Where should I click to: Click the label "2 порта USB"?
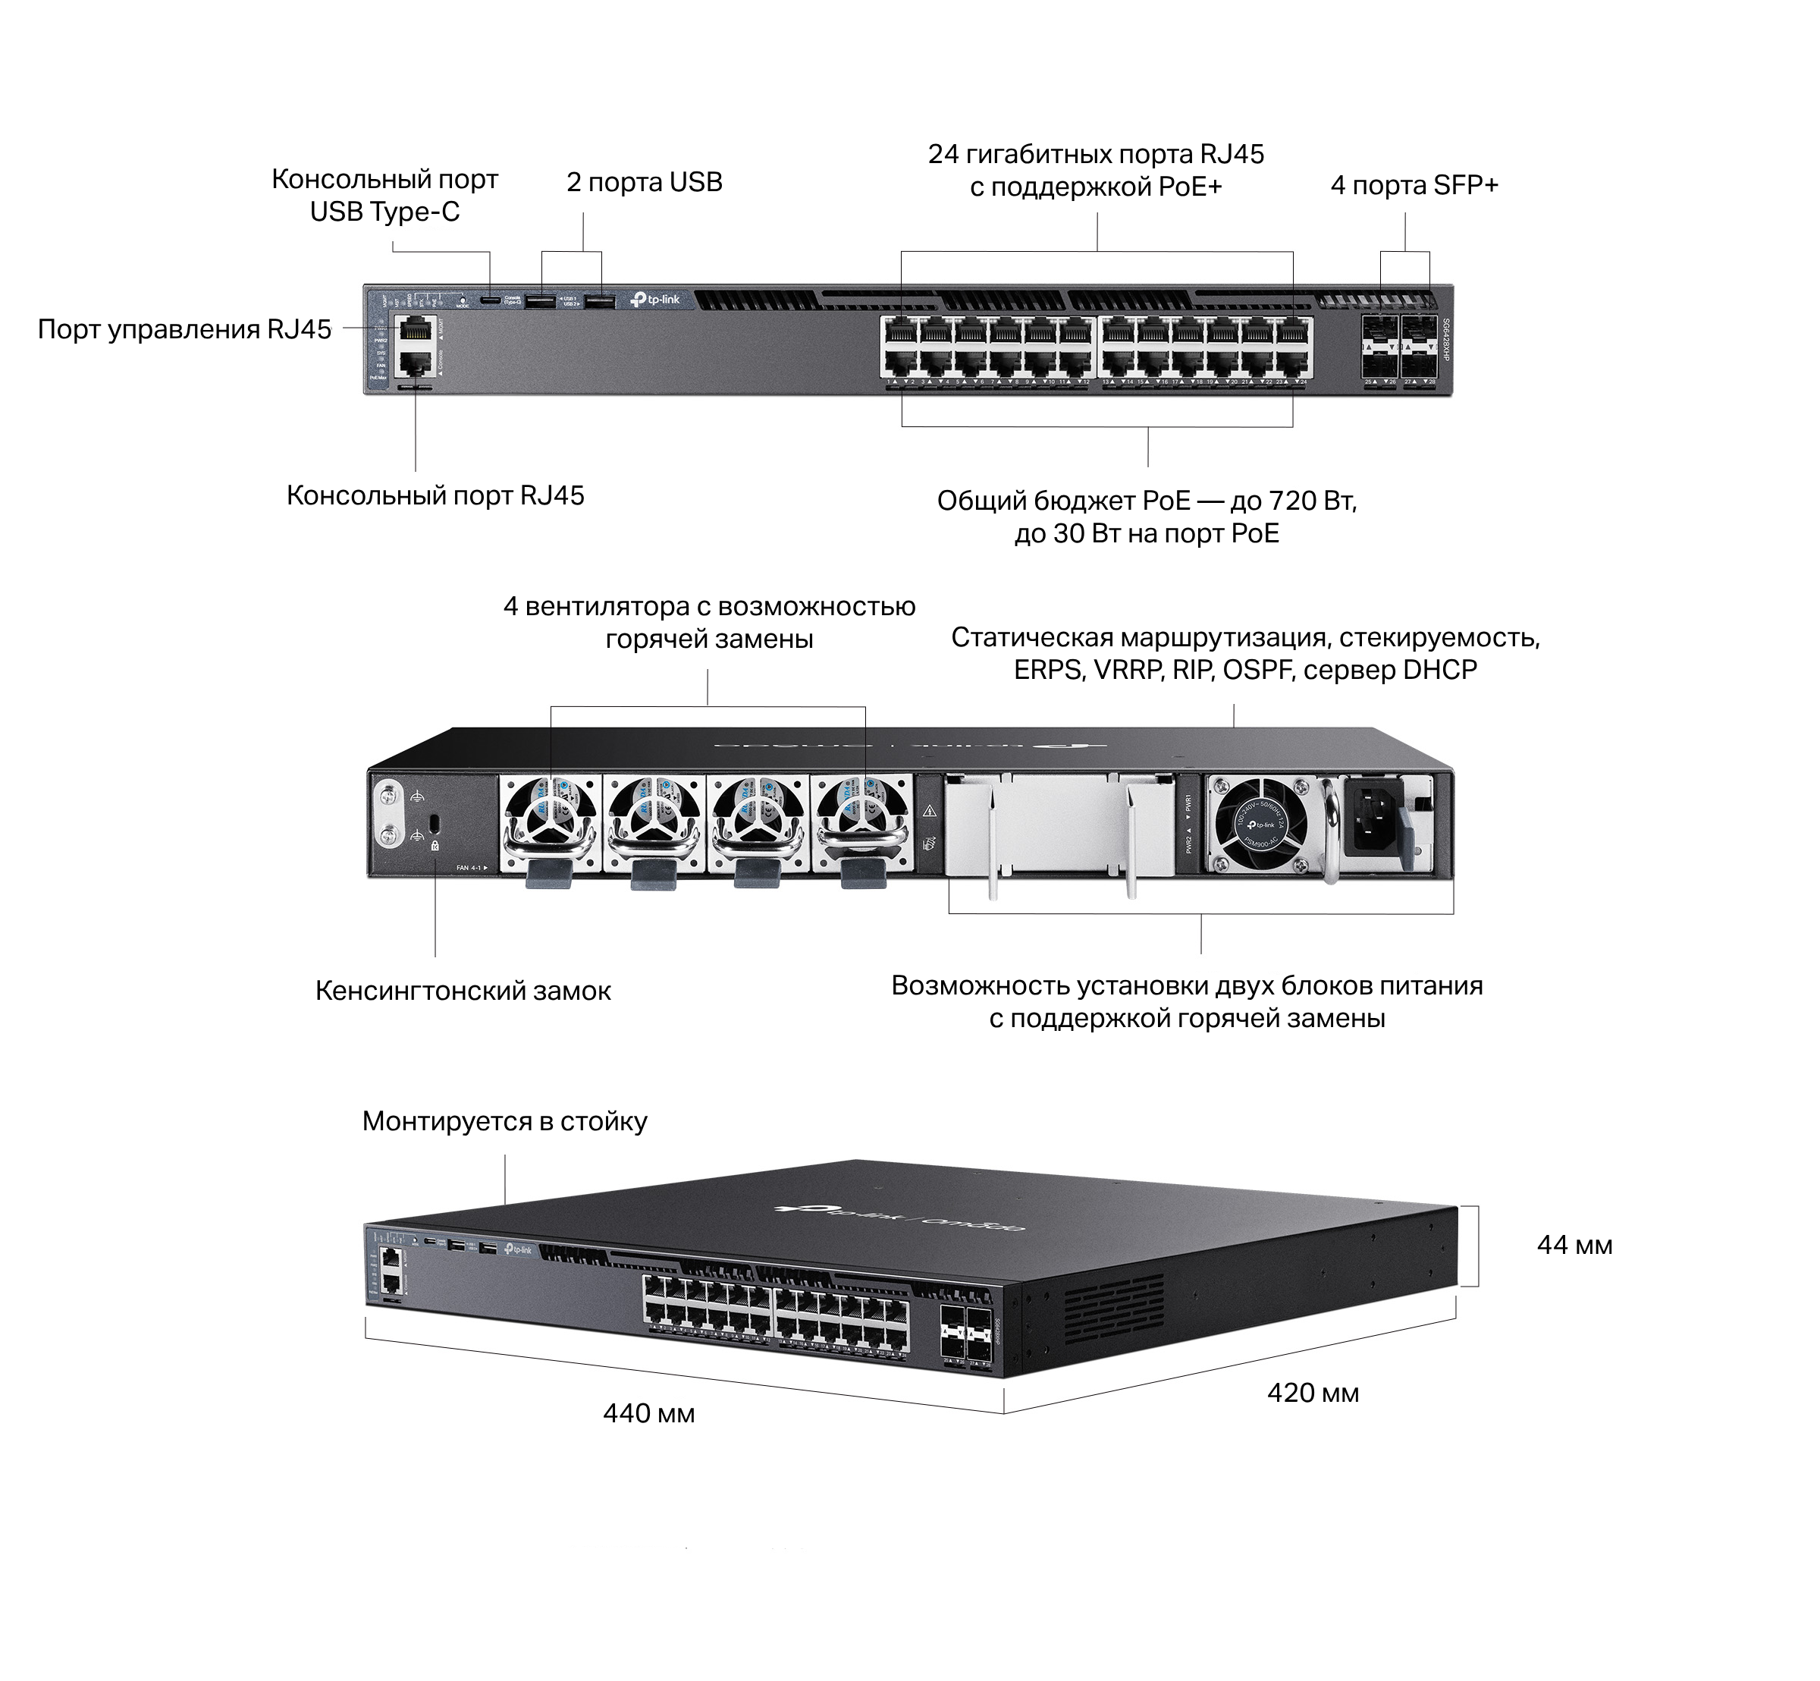point(644,183)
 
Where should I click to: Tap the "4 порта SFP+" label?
point(1414,186)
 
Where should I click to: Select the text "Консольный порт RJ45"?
point(435,496)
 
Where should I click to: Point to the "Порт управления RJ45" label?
point(184,329)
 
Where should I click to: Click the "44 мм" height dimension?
point(1574,1246)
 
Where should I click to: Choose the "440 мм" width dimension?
point(648,1413)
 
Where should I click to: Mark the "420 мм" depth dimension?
point(1313,1393)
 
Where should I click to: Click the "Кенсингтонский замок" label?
point(463,991)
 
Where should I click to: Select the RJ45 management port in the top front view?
point(416,328)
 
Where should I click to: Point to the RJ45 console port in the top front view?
point(416,365)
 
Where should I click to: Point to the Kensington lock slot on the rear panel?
point(434,822)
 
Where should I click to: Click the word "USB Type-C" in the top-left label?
point(384,212)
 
